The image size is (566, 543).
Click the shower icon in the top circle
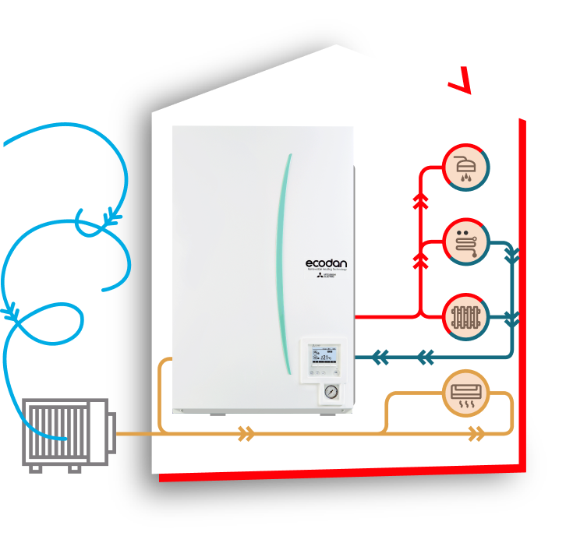pyautogui.click(x=466, y=167)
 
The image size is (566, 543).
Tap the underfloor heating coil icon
pyautogui.click(x=466, y=242)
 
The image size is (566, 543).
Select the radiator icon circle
pyautogui.click(x=466, y=317)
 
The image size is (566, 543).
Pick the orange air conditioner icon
pyautogui.click(x=466, y=393)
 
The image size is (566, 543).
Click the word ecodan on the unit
pyautogui.click(x=326, y=263)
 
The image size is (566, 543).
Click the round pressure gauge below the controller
pyautogui.click(x=331, y=392)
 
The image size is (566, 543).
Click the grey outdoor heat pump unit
pyautogui.click(x=65, y=432)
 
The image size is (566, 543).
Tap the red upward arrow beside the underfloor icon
pyautogui.click(x=421, y=259)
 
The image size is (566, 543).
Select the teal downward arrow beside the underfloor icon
pyautogui.click(x=512, y=256)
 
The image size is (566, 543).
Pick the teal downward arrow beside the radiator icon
pyautogui.click(x=512, y=319)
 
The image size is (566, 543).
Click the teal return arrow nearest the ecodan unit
pyautogui.click(x=380, y=358)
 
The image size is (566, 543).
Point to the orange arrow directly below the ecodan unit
pyautogui.click(x=246, y=434)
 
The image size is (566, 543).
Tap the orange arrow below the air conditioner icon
pyautogui.click(x=476, y=434)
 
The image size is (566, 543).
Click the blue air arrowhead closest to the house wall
pyautogui.click(x=112, y=216)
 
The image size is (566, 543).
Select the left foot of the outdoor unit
pyautogui.click(x=35, y=469)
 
